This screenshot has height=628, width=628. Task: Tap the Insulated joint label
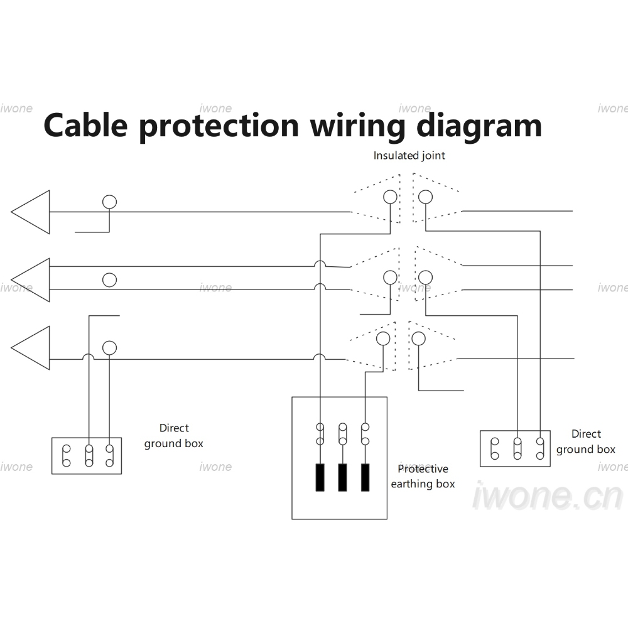(409, 155)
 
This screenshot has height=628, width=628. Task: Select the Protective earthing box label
(423, 476)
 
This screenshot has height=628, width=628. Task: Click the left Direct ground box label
(174, 436)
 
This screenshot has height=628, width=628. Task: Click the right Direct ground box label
(585, 441)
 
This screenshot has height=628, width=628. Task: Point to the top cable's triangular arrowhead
(30, 212)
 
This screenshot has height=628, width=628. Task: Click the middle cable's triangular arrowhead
(30, 280)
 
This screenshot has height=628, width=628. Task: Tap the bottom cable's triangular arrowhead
(30, 348)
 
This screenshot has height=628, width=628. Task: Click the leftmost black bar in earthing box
(320, 477)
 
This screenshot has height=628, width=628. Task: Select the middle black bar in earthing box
(342, 477)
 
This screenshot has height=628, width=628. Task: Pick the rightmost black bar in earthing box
(365, 477)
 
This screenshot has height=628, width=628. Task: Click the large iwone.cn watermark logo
(548, 496)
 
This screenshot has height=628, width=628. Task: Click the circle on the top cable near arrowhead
(109, 195)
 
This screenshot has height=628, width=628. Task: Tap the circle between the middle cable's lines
(109, 273)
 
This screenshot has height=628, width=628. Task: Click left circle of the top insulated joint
(390, 190)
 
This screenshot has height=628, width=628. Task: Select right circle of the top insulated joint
(425, 190)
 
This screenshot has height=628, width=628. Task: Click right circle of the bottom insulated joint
(418, 332)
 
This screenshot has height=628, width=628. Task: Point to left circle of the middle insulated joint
(390, 271)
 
